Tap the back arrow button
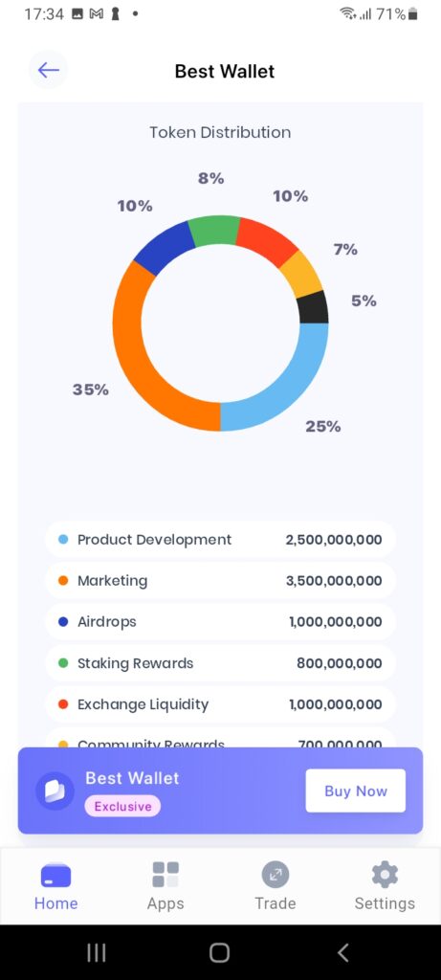pos(48,70)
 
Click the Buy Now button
pos(355,791)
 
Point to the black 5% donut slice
pos(313,307)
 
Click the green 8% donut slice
pos(213,231)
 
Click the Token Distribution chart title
pos(220,132)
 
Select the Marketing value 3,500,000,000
pos(333,581)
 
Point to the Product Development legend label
pos(154,540)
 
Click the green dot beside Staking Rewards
pos(63,663)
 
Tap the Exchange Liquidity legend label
pos(143,704)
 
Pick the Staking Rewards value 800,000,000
pos(339,663)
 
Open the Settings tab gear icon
pos(385,874)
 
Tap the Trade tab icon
pos(276,874)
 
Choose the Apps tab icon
pos(165,874)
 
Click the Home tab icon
pos(55,875)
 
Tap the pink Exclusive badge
pos(122,806)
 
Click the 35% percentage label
pos(91,390)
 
